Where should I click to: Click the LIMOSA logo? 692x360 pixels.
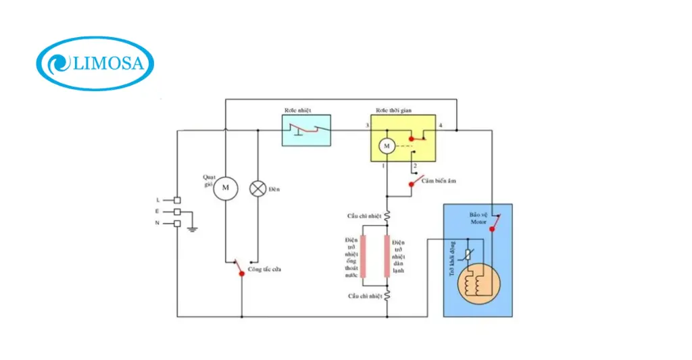click(95, 63)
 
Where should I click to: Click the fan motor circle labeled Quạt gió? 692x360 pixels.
click(226, 187)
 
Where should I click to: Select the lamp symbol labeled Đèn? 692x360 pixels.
click(257, 188)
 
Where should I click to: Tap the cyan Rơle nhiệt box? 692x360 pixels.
click(306, 130)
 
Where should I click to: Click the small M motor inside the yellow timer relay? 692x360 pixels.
click(387, 145)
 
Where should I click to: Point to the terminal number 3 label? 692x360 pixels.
click(367, 126)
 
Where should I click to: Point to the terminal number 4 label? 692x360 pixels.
click(441, 126)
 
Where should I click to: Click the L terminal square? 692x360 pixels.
click(177, 200)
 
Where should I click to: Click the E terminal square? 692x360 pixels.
click(177, 211)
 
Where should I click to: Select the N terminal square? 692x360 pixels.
click(177, 223)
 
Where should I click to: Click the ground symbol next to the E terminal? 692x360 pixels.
click(193, 227)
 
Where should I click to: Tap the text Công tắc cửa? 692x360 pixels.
click(264, 269)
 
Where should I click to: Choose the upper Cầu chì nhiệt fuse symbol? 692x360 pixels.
click(387, 216)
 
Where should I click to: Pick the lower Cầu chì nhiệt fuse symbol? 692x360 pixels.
click(387, 295)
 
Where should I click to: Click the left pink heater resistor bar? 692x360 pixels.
click(364, 257)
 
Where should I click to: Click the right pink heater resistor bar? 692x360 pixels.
click(387, 257)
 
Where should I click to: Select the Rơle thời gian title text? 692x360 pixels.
click(394, 110)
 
